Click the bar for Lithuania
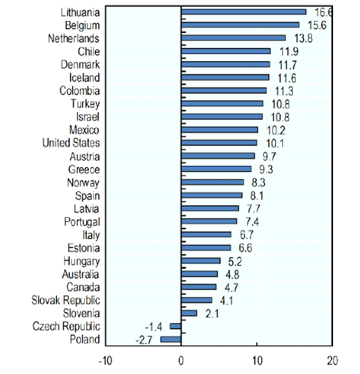click(x=244, y=12)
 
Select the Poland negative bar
click(x=170, y=339)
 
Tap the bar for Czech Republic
click(x=175, y=326)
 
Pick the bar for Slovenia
click(x=189, y=313)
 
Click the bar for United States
click(x=219, y=143)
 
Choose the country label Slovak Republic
click(x=66, y=300)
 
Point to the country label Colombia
click(x=80, y=90)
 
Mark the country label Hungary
click(x=82, y=261)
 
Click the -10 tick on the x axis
click(x=105, y=361)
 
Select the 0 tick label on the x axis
click(x=180, y=361)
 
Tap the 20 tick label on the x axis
click(x=333, y=361)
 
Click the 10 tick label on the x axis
click(x=257, y=361)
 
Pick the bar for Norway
click(x=213, y=182)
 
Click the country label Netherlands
click(x=74, y=38)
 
